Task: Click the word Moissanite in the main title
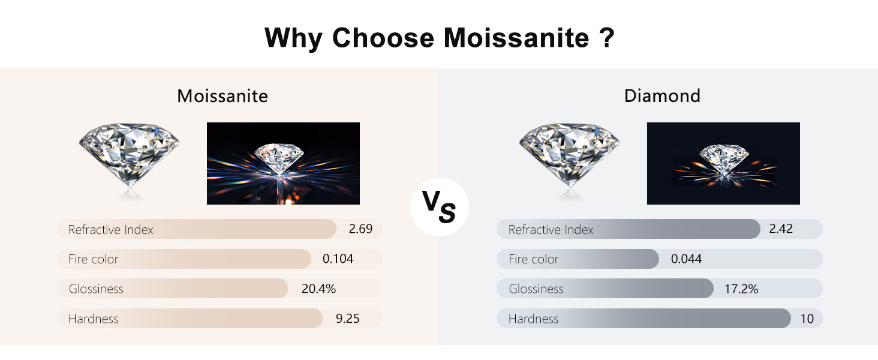(516, 38)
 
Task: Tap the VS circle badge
(440, 206)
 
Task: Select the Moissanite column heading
(222, 96)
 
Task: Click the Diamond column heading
(662, 96)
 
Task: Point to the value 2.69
(360, 229)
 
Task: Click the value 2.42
(781, 229)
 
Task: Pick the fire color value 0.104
(338, 259)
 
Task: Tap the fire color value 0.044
(686, 259)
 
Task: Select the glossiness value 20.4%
(318, 289)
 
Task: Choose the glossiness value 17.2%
(741, 289)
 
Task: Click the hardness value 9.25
(348, 319)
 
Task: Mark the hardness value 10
(807, 319)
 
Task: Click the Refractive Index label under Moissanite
(110, 229)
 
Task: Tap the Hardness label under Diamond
(534, 319)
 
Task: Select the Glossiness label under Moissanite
(96, 289)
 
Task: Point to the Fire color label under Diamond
(534, 259)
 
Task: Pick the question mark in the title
(607, 37)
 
